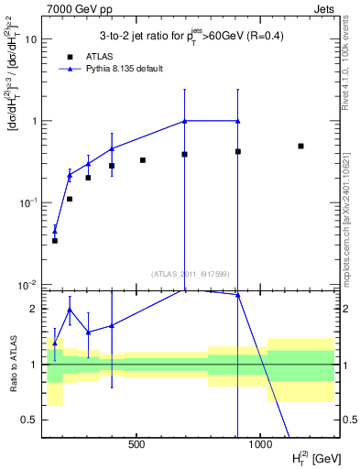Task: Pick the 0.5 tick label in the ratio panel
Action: point(30,420)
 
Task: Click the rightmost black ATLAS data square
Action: point(300,146)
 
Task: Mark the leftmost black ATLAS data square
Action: point(54,240)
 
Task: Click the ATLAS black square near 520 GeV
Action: point(143,160)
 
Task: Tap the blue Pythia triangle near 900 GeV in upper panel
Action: point(237,121)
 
